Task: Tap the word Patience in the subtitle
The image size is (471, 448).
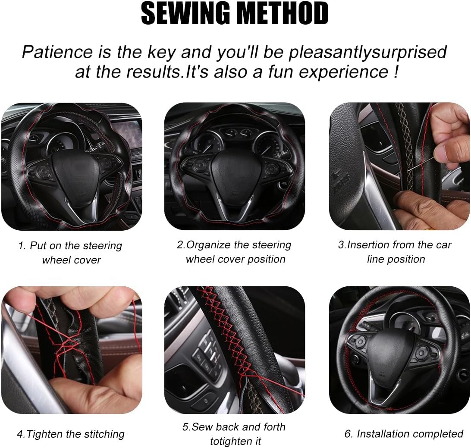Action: click(x=57, y=52)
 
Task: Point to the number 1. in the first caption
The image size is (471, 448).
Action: click(x=22, y=246)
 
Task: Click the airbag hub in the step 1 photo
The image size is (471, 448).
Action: click(x=75, y=175)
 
